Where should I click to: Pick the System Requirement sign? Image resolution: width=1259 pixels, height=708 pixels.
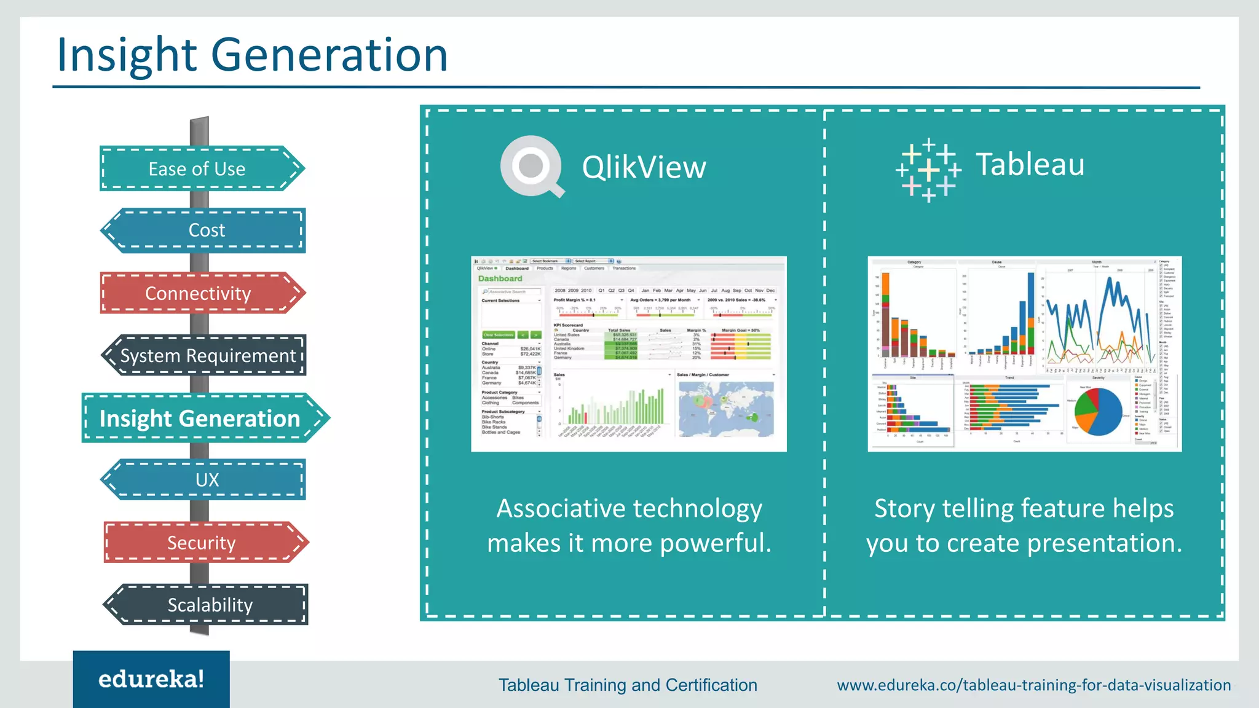pyautogui.click(x=205, y=355)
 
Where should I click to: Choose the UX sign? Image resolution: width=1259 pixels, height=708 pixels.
pyautogui.click(x=205, y=479)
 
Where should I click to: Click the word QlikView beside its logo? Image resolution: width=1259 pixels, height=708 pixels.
pyautogui.click(x=644, y=167)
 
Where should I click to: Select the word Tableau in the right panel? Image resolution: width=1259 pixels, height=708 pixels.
pyautogui.click(x=1030, y=165)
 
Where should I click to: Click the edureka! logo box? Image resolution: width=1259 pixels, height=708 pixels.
pyautogui.click(x=151, y=679)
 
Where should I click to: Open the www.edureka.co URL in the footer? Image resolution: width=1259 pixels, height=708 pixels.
pyautogui.click(x=1034, y=685)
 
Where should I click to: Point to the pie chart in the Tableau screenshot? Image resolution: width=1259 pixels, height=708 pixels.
pyautogui.click(x=1098, y=411)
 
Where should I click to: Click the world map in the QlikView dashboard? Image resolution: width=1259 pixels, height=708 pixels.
pyautogui.click(x=726, y=408)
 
